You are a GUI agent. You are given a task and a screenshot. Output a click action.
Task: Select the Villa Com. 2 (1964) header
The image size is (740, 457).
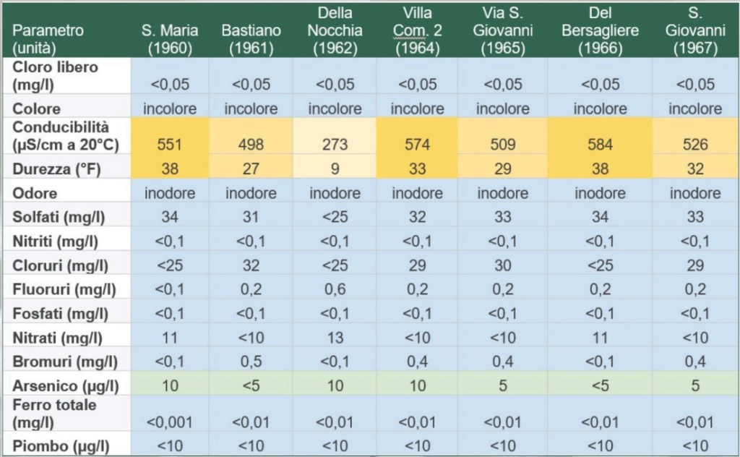coord(418,31)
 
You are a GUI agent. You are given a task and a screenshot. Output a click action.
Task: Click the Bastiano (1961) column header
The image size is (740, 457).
coord(251,40)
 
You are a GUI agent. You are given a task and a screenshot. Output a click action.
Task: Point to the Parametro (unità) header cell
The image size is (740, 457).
coord(49,40)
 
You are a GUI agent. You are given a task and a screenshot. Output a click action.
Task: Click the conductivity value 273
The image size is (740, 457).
coord(335,145)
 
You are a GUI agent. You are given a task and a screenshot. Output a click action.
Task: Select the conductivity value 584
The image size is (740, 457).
coord(600,145)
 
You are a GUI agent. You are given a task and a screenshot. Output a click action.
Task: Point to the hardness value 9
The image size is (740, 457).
coord(335,171)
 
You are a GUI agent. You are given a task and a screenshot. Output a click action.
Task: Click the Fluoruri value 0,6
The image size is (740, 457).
coord(335,290)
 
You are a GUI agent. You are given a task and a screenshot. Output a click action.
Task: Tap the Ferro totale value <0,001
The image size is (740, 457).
coord(169,422)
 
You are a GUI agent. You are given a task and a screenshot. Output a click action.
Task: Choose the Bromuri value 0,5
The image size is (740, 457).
coord(251,362)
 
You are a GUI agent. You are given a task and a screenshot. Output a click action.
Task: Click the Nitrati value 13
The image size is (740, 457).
coord(335,338)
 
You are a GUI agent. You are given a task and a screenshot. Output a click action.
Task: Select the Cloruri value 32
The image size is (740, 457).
coord(251,265)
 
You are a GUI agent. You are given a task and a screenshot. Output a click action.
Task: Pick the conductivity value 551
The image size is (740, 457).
coord(169,145)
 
